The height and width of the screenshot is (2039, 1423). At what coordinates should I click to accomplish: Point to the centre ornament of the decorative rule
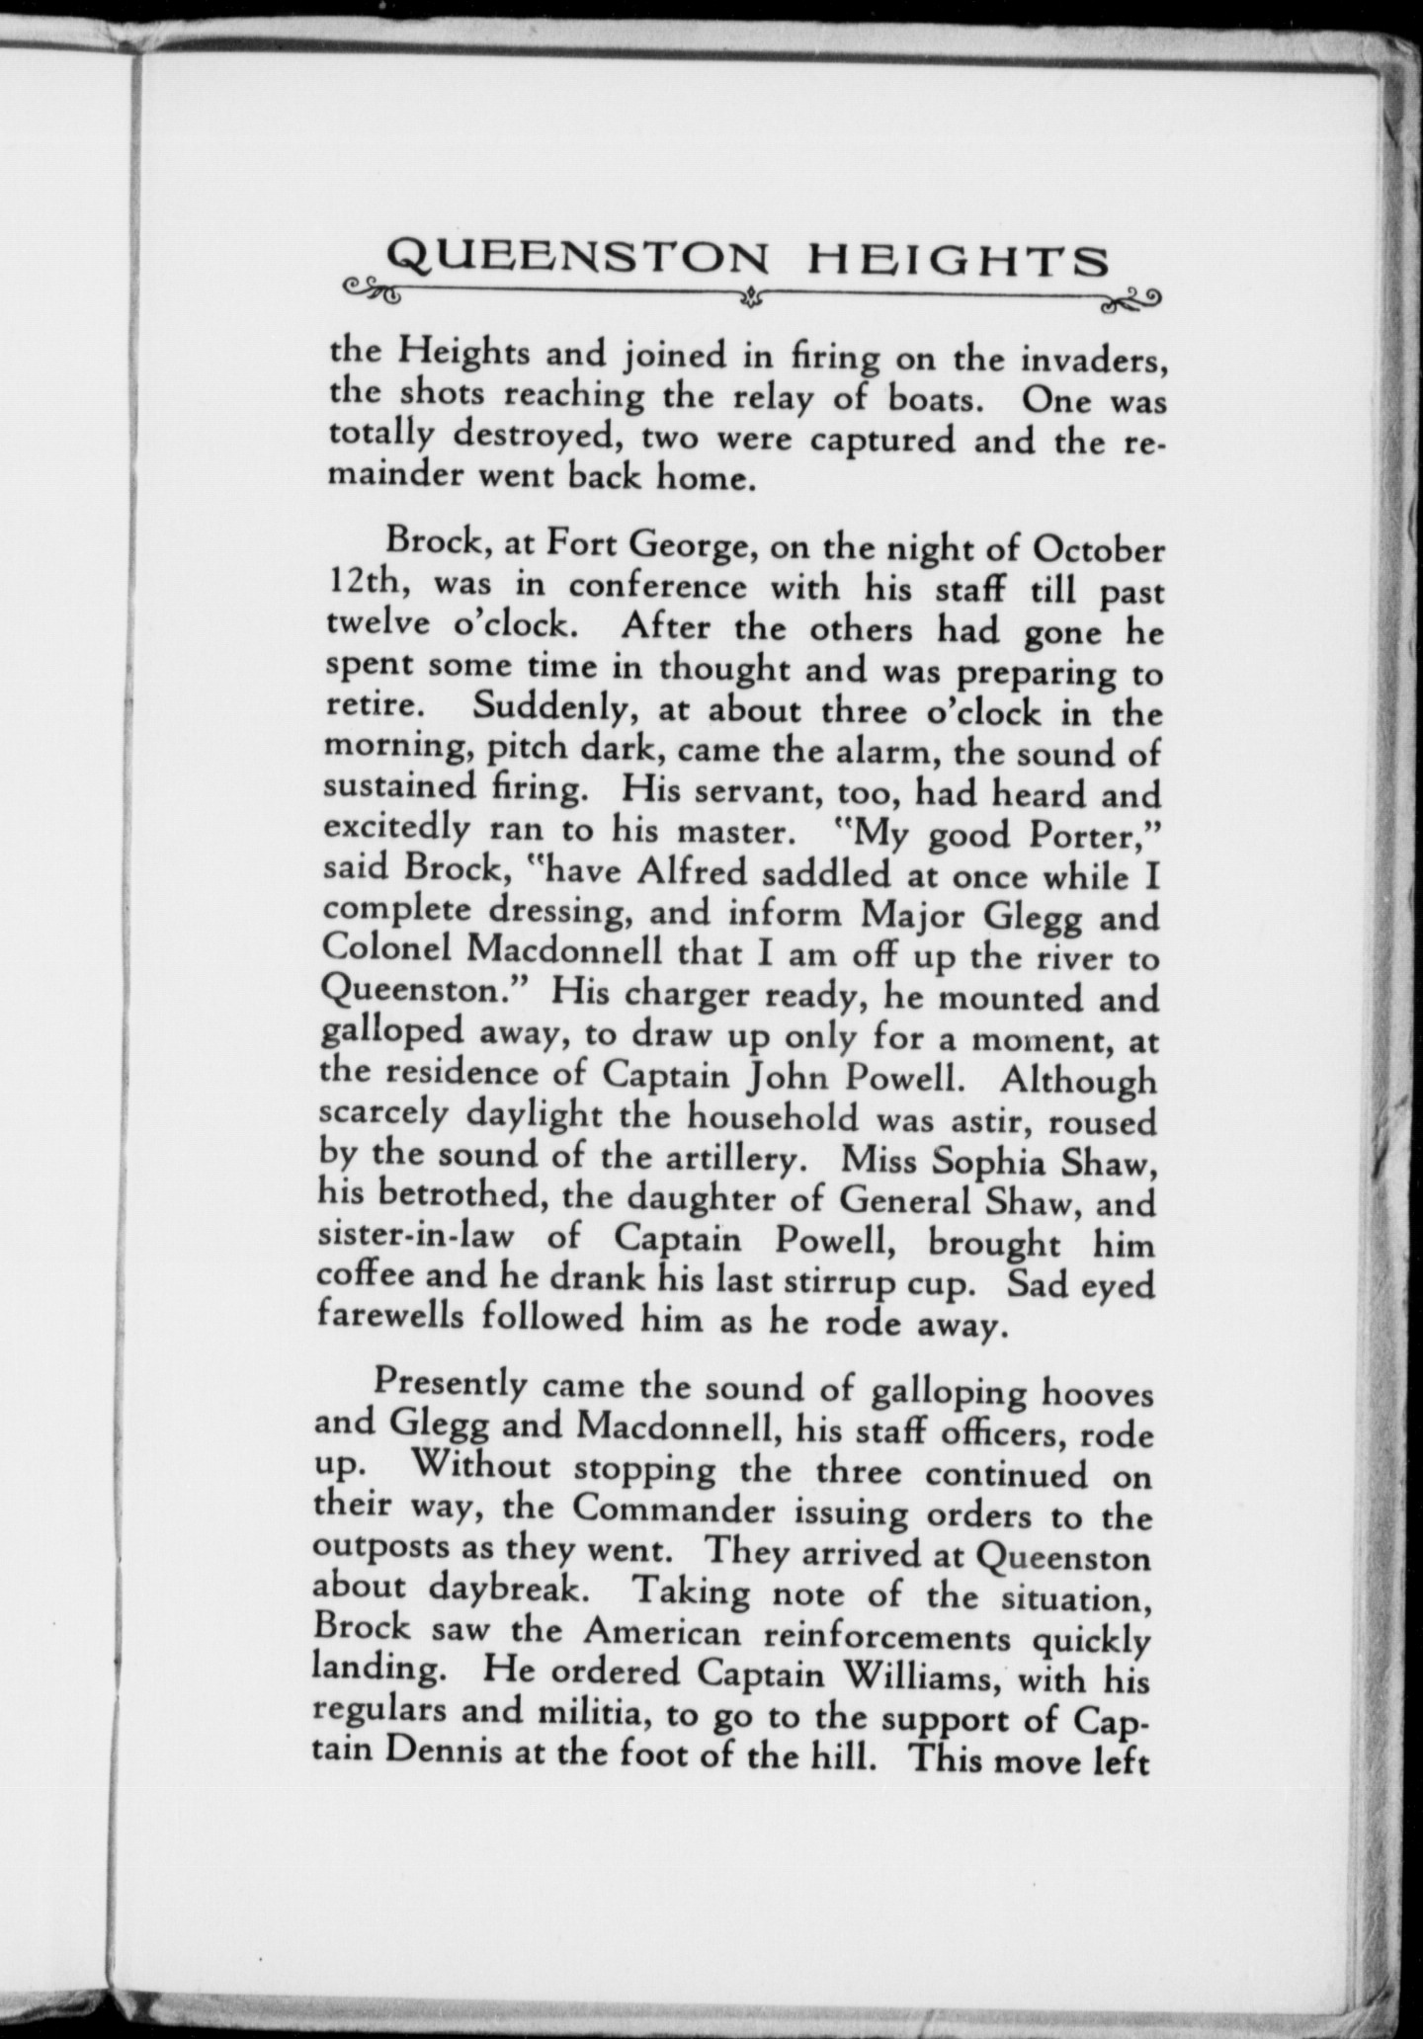(x=753, y=293)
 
